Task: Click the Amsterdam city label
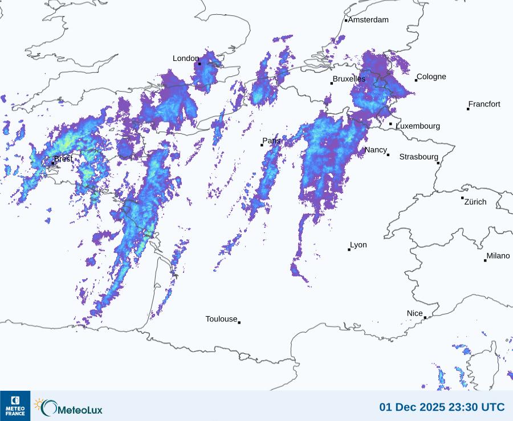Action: click(x=368, y=20)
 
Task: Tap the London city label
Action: click(x=186, y=58)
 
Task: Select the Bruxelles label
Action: click(x=349, y=79)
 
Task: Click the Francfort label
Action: click(x=484, y=104)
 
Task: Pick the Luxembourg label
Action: click(x=418, y=126)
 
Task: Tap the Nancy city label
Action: click(x=376, y=150)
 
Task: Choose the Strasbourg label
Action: click(x=418, y=157)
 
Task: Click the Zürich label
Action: click(x=475, y=202)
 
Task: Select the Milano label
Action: click(x=498, y=256)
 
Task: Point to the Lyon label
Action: click(x=359, y=245)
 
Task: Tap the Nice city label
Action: click(x=415, y=313)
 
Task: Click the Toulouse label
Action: click(x=221, y=319)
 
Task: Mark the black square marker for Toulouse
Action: click(x=239, y=322)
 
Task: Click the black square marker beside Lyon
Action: click(x=349, y=250)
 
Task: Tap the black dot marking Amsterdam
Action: click(x=346, y=21)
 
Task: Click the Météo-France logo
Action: click(x=15, y=406)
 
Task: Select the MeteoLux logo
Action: click(x=69, y=407)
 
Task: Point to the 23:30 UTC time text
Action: click(x=478, y=407)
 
